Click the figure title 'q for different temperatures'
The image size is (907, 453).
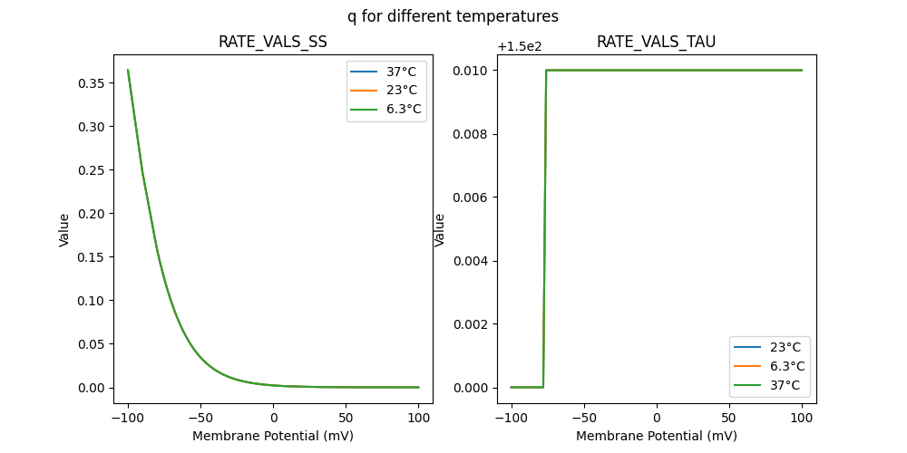pos(453,16)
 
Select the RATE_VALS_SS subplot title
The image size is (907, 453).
pos(272,43)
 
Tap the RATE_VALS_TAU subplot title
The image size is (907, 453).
pos(656,43)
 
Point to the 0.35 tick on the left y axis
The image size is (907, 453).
pos(91,83)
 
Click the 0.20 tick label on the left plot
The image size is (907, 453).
pos(91,214)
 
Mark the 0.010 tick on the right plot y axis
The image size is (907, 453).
pos(471,71)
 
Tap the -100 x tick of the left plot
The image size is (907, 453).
pos(128,419)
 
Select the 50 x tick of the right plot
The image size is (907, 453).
pos(729,419)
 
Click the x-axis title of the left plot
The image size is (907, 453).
pos(272,436)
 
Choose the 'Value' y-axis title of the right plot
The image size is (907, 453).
pos(440,229)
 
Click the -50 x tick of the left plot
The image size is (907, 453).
pos(200,419)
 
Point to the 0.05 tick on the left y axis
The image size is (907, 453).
pos(91,344)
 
